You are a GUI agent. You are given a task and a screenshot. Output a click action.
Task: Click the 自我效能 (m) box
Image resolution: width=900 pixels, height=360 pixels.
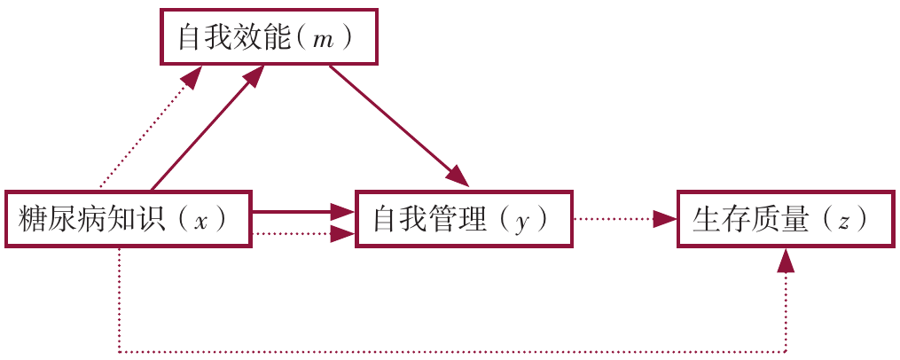point(269,38)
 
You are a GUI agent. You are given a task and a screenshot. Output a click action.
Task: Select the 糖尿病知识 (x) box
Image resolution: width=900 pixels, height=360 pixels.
point(128,218)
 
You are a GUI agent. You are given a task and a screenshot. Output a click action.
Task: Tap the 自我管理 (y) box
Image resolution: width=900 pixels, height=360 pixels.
point(463,218)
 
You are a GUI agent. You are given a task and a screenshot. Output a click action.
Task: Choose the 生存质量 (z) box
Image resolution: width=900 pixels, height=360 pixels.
point(786,218)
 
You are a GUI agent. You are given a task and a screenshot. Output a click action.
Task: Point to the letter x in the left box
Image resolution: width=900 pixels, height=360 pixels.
point(201,220)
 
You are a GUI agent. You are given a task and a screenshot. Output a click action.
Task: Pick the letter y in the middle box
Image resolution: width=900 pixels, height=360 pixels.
point(523,221)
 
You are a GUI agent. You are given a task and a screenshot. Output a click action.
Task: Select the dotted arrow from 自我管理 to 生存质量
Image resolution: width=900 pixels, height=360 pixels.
point(621,218)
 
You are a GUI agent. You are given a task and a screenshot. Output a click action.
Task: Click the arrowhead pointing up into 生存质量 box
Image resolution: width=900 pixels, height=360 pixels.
point(787,260)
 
